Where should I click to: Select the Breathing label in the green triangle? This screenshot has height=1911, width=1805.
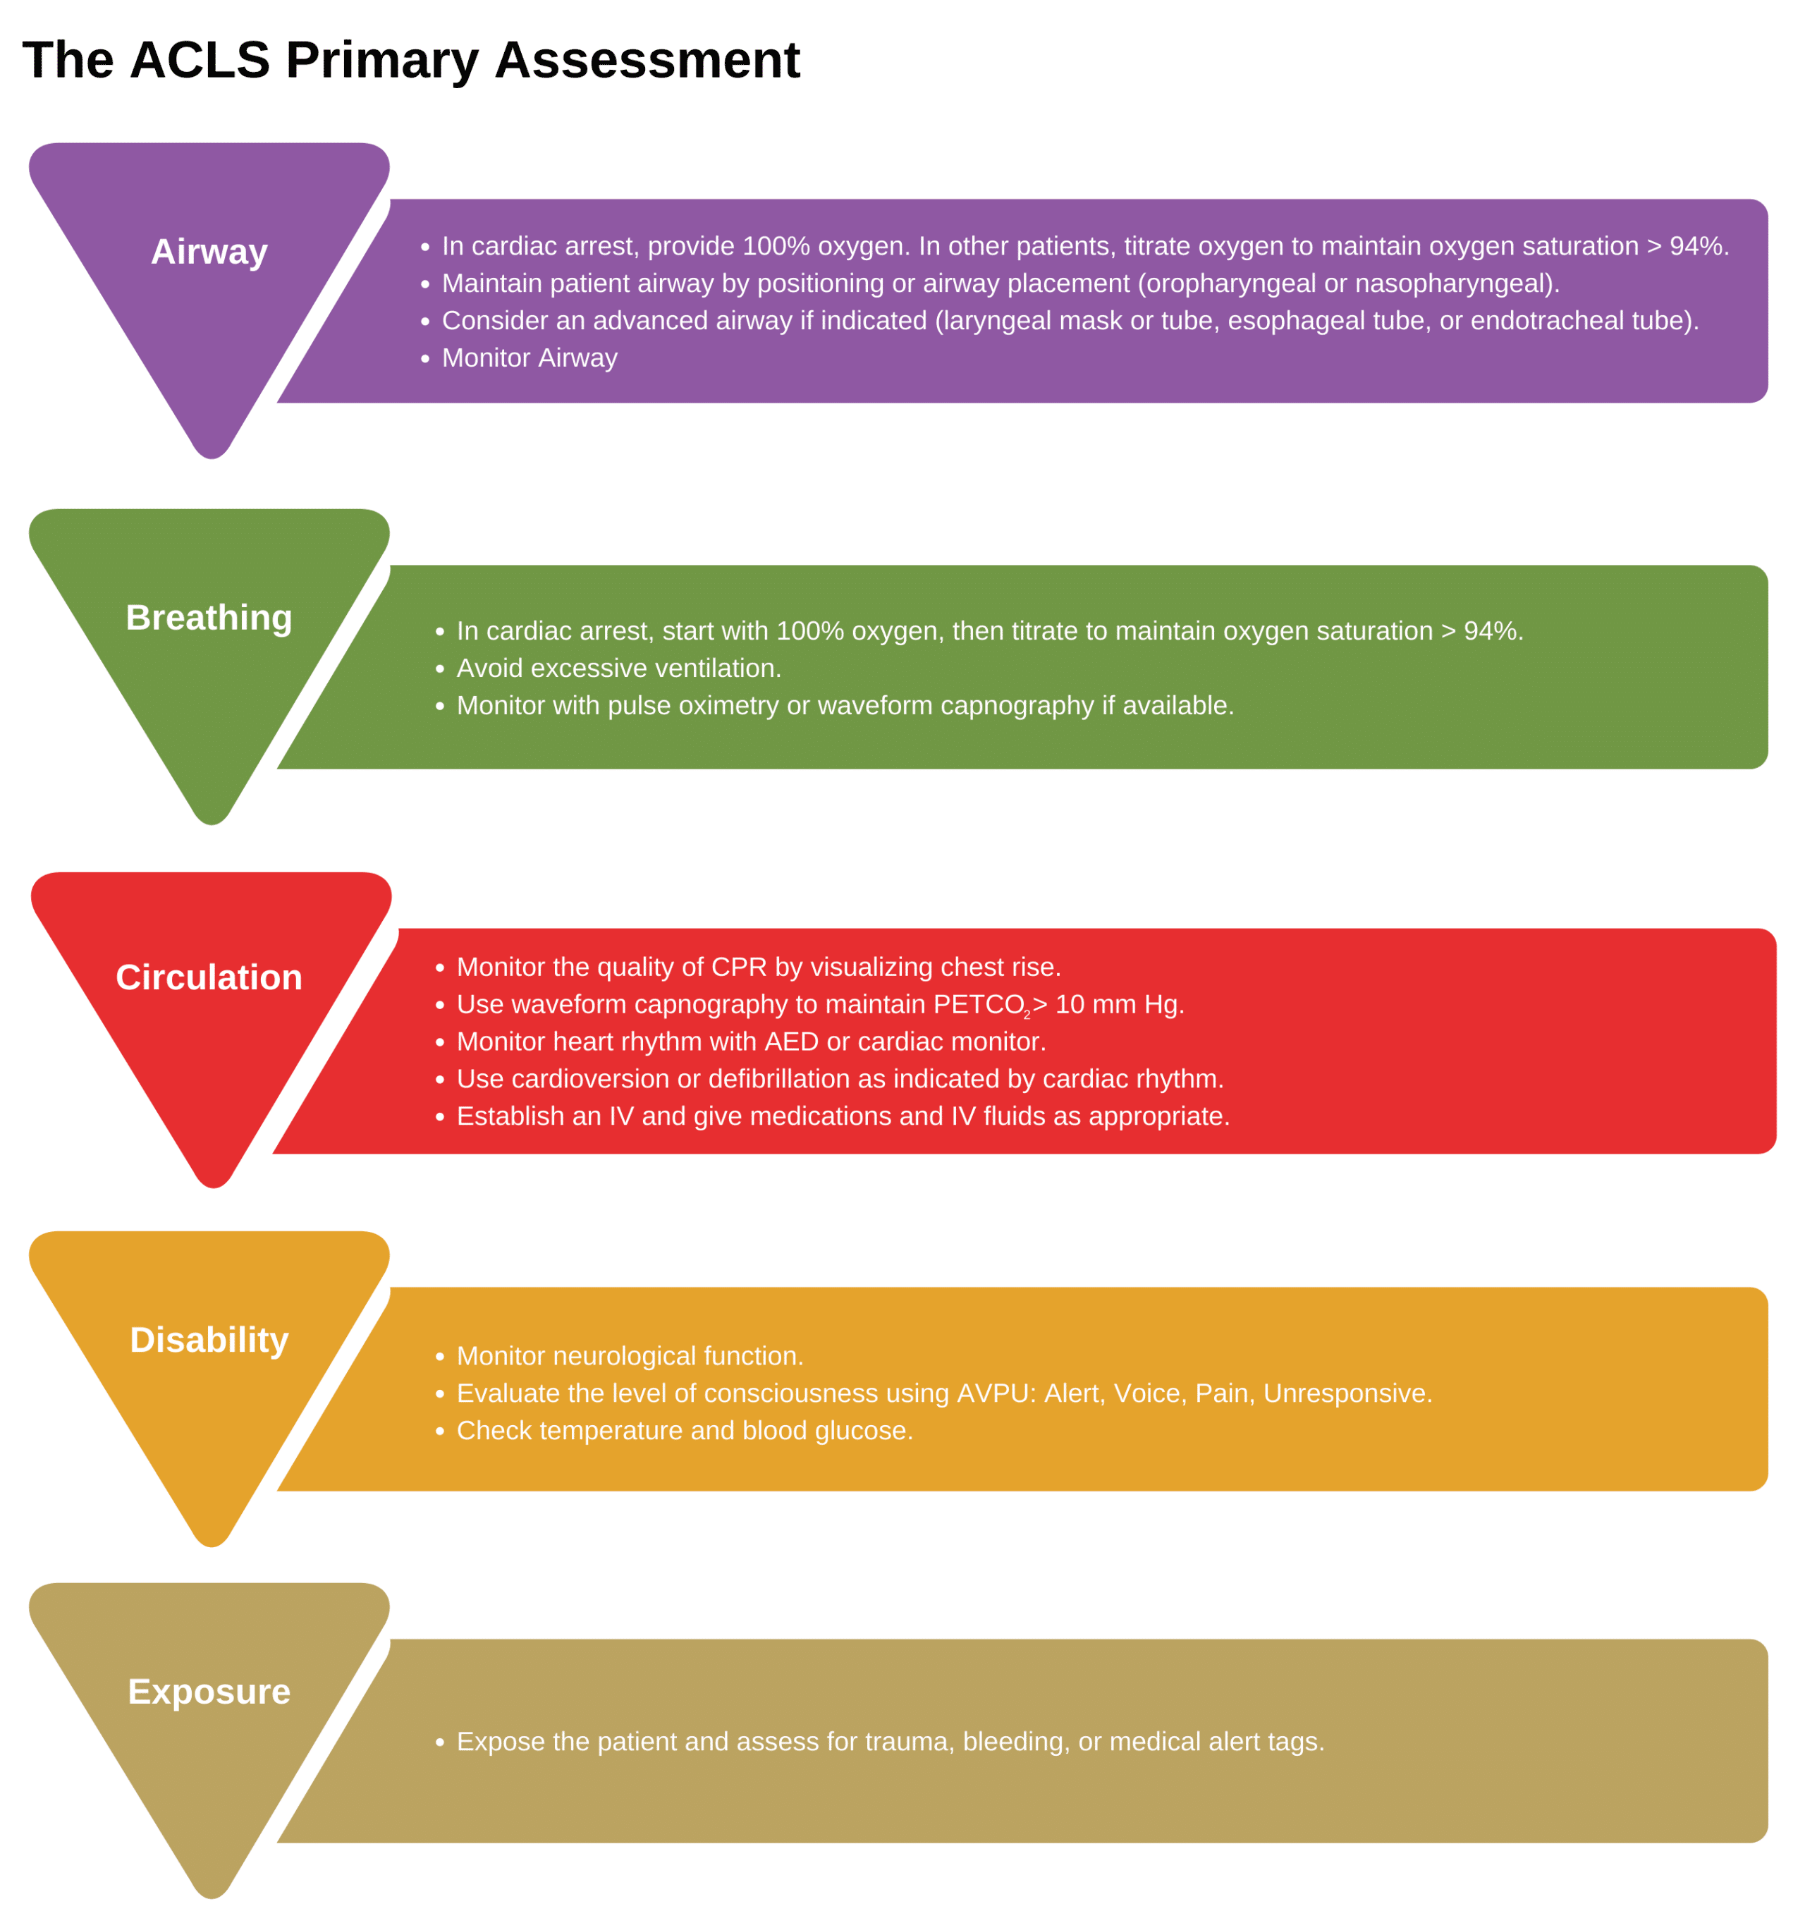coord(209,617)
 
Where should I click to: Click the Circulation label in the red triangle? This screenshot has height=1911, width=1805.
coord(209,977)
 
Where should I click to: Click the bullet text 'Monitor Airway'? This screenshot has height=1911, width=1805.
coord(530,358)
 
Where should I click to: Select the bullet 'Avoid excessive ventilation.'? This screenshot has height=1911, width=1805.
coord(618,668)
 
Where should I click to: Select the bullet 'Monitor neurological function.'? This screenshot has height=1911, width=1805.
coord(629,1356)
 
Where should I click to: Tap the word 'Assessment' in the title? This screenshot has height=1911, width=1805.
coord(647,60)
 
